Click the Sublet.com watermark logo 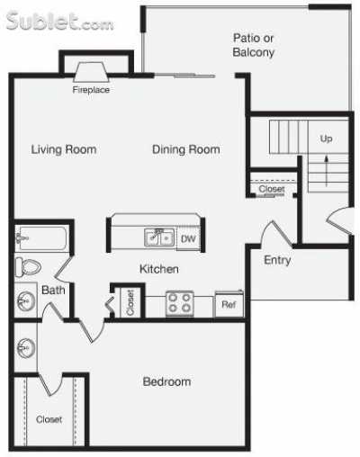point(58,21)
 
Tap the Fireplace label point(91,89)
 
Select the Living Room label point(63,149)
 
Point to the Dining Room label point(185,149)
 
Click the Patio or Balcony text point(253,45)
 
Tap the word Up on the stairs point(326,139)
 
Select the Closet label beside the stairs point(271,189)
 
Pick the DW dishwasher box point(188,238)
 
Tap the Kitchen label point(158,269)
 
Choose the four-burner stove point(178,304)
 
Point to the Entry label point(277,261)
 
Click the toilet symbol point(29,267)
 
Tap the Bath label point(53,290)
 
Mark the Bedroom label point(166,381)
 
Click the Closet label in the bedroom point(49,419)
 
